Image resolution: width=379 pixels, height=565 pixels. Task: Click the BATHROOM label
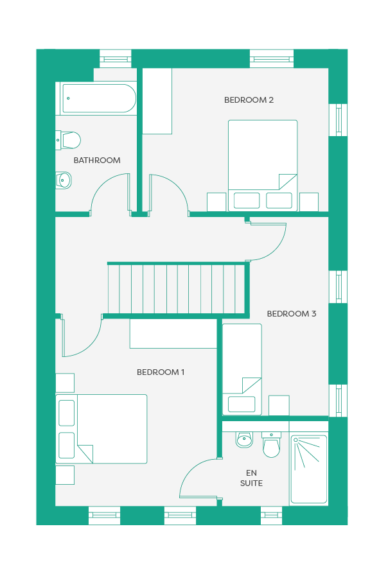[96, 161]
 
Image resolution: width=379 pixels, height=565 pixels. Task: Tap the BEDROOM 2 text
[249, 100]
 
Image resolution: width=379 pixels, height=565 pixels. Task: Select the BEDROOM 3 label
[292, 314]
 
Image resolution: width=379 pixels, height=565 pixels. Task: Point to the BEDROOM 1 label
[161, 372]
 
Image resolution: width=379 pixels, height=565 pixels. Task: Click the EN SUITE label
[251, 478]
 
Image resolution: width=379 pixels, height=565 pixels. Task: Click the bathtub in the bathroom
[98, 98]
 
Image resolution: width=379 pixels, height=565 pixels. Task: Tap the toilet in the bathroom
[68, 140]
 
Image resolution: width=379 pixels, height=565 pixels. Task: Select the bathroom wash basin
[64, 180]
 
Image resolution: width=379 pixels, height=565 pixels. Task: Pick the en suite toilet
[271, 445]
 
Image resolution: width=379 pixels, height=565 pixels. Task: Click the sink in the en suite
[244, 440]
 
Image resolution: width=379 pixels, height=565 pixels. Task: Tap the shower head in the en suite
[295, 440]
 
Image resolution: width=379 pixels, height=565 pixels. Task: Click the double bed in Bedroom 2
[263, 166]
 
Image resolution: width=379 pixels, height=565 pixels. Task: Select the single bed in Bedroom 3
[242, 369]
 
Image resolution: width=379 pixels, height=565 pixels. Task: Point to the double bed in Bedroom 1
[101, 429]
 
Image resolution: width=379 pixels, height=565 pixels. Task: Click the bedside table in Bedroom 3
[279, 405]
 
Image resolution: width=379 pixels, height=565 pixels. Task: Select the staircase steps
[177, 289]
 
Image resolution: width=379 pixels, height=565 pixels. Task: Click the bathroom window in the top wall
[116, 58]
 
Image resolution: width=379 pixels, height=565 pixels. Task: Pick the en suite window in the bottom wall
[271, 516]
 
